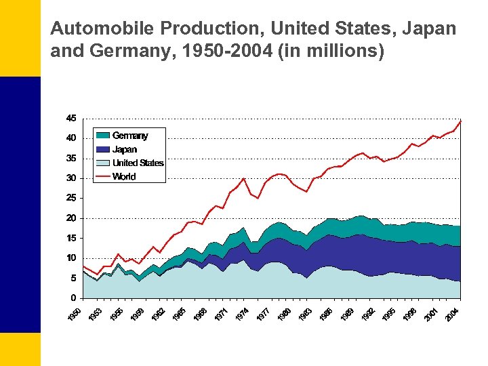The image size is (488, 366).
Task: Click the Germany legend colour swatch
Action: click(x=102, y=136)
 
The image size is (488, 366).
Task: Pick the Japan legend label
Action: click(x=125, y=149)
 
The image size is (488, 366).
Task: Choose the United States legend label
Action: click(x=138, y=163)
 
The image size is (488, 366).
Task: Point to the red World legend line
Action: click(x=102, y=176)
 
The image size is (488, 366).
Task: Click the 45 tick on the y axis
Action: click(x=70, y=118)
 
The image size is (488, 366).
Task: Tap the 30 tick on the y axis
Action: click(x=70, y=178)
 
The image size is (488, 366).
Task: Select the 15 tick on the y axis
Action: click(x=70, y=238)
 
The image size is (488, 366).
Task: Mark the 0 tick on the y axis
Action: click(x=73, y=298)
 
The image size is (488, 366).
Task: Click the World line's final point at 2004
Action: click(x=461, y=121)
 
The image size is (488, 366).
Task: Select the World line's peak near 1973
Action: click(x=243, y=178)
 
